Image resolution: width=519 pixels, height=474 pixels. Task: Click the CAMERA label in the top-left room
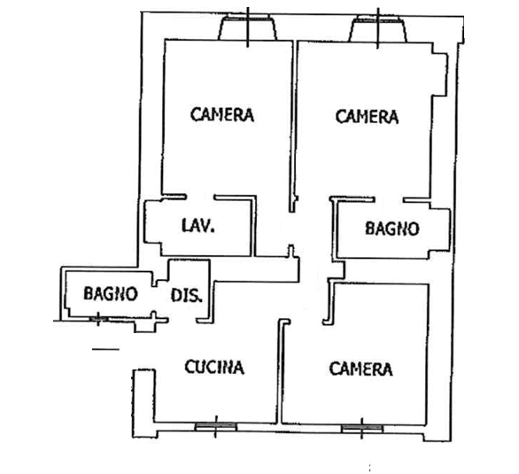click(222, 114)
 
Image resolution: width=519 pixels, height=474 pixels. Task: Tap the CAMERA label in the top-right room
click(367, 117)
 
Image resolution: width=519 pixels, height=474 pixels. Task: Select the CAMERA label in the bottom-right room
click(360, 369)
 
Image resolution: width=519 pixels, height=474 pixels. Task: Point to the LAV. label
click(198, 225)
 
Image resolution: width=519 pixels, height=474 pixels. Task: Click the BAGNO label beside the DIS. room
click(111, 293)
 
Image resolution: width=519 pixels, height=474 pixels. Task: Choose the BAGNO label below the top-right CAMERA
click(392, 229)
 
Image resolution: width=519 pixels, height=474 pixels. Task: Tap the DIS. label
click(186, 295)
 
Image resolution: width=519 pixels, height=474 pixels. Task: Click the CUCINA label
click(214, 367)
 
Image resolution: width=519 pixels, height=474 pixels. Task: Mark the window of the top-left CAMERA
click(248, 27)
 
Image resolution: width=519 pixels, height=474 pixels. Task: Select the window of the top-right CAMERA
click(378, 29)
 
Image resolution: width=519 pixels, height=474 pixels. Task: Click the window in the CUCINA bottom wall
click(215, 427)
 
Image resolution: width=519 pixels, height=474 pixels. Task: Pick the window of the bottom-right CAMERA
click(361, 429)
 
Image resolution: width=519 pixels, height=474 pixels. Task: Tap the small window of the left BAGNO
click(98, 319)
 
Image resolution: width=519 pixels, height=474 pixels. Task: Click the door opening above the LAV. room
click(200, 198)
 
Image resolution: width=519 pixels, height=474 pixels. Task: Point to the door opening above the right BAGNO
click(389, 199)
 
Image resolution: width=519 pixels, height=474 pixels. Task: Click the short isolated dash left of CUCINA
click(105, 349)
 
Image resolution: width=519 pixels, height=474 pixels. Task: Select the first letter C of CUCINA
click(190, 367)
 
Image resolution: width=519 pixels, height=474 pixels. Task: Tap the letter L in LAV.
click(185, 225)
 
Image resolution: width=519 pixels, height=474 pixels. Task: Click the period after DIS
click(199, 301)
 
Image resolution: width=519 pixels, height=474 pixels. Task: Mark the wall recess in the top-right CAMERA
click(440, 74)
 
